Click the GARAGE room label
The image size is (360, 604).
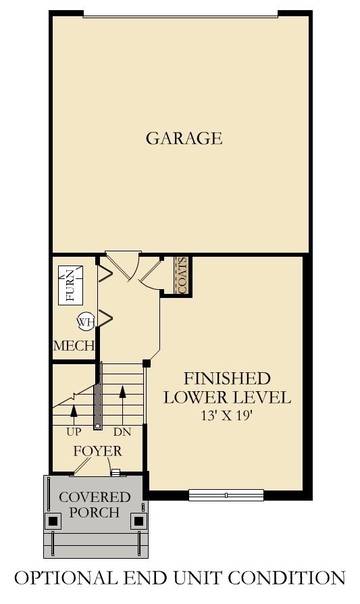pyautogui.click(x=184, y=139)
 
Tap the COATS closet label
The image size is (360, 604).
pyautogui.click(x=182, y=276)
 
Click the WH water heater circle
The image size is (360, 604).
pyautogui.click(x=85, y=322)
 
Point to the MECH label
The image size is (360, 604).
pyautogui.click(x=74, y=346)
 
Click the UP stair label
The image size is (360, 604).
pyautogui.click(x=74, y=430)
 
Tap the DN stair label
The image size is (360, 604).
pyautogui.click(x=122, y=430)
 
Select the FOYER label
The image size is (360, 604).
pyautogui.click(x=98, y=451)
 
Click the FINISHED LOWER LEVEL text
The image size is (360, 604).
pyautogui.click(x=227, y=387)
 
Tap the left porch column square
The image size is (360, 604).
pyautogui.click(x=53, y=521)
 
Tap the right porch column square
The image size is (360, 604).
pyautogui.click(x=138, y=521)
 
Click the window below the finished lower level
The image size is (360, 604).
pyautogui.click(x=226, y=495)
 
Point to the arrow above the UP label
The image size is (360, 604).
pyautogui.click(x=73, y=409)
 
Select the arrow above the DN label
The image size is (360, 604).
pyautogui.click(x=122, y=392)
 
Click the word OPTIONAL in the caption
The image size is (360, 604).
pyautogui.click(x=59, y=578)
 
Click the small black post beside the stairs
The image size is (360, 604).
pyautogui.click(x=146, y=363)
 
